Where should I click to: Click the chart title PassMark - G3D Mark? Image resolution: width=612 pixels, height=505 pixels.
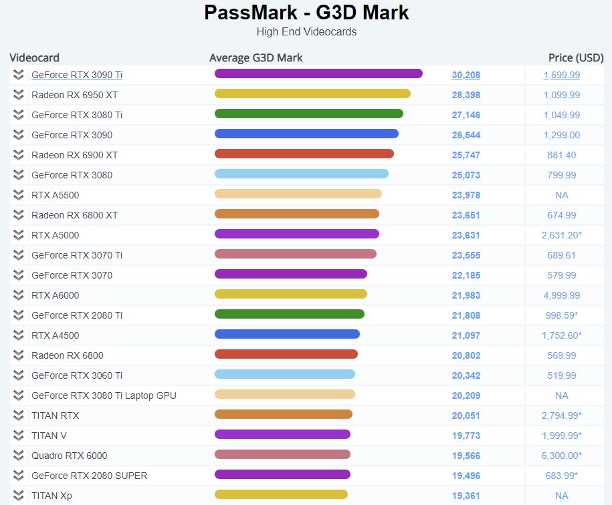click(306, 13)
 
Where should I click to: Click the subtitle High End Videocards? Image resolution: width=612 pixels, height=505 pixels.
click(306, 31)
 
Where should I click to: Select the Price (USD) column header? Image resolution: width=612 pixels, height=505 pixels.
click(576, 57)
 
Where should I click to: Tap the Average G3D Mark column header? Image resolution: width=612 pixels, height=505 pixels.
click(256, 57)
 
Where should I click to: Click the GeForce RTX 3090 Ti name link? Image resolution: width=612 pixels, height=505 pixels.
click(77, 75)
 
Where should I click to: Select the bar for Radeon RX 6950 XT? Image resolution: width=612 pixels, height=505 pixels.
click(312, 94)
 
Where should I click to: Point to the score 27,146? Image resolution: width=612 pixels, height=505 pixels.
click(466, 115)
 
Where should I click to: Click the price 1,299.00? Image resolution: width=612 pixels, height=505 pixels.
click(562, 135)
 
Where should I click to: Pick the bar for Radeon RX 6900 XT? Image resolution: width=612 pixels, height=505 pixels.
click(304, 154)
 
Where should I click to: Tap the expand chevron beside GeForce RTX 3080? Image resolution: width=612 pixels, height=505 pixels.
click(19, 175)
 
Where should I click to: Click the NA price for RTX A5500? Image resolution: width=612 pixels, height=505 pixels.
click(562, 195)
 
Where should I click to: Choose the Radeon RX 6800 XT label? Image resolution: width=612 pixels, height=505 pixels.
click(74, 215)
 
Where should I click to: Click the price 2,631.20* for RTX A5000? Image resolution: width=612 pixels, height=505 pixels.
click(562, 235)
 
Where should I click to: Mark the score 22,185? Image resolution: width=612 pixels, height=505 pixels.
click(466, 275)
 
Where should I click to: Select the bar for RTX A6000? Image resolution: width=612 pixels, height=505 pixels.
click(291, 294)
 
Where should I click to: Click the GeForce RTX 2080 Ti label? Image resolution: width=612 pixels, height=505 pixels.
click(77, 315)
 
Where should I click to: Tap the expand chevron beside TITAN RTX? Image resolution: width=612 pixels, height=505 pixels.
click(19, 415)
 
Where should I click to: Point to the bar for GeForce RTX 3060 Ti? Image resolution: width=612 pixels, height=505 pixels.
click(285, 374)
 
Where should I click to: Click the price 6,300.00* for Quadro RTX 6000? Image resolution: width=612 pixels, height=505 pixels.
click(562, 456)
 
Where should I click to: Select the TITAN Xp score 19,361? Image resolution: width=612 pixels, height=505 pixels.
click(466, 496)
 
